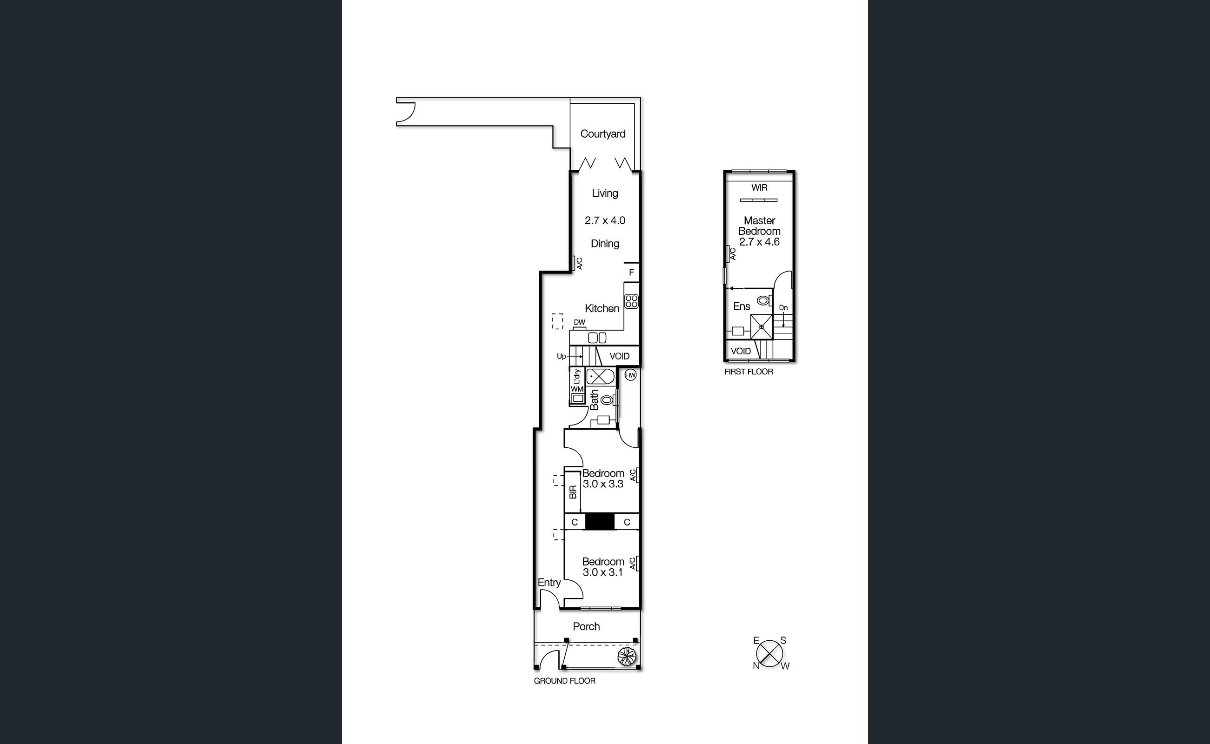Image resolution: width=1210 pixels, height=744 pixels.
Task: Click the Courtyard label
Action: [x=602, y=134]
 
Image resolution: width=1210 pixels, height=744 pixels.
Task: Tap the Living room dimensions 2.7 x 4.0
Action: [x=604, y=220]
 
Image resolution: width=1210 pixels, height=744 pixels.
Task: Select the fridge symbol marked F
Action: [x=631, y=272]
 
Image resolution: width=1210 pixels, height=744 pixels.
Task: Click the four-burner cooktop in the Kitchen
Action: [x=631, y=301]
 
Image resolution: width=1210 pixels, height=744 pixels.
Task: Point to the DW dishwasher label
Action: [x=579, y=322]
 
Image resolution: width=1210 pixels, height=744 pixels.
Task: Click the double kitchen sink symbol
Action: [x=597, y=338]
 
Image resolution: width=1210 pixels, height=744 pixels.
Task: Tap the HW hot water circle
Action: [x=630, y=375]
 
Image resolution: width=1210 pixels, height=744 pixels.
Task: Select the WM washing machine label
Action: [x=577, y=389]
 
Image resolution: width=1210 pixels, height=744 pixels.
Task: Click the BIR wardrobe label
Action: [x=573, y=492]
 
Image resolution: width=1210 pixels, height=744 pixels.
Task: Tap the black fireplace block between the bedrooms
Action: [x=600, y=522]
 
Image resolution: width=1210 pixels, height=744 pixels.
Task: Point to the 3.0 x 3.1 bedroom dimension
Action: [x=602, y=572]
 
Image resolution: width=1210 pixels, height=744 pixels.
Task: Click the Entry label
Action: [x=549, y=583]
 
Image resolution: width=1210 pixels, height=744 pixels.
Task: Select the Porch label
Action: [x=586, y=626]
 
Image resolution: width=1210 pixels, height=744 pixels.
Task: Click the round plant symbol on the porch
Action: [x=627, y=656]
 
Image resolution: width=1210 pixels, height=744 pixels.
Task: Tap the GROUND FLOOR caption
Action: [x=565, y=681]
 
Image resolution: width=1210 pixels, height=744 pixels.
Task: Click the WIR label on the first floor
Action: [x=759, y=187]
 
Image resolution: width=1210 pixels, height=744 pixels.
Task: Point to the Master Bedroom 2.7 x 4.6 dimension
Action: [x=759, y=242]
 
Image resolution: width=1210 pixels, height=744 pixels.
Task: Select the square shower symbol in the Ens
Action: [x=762, y=327]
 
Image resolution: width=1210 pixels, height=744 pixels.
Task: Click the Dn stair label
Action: [x=783, y=307]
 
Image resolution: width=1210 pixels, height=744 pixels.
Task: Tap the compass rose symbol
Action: [x=769, y=653]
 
